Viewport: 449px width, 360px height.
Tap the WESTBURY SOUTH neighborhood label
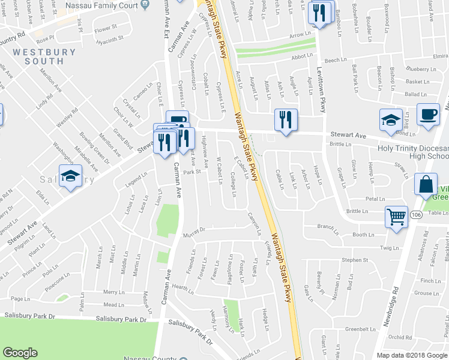click(45, 56)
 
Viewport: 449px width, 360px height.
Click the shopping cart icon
click(397, 218)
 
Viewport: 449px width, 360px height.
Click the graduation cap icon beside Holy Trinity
click(391, 119)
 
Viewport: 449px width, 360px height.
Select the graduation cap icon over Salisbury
click(71, 175)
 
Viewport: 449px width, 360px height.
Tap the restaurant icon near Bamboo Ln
click(319, 13)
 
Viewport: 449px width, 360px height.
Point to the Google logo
click(20, 353)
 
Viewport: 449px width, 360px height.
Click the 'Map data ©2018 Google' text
click(412, 355)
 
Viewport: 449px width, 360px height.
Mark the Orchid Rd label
click(399, 337)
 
